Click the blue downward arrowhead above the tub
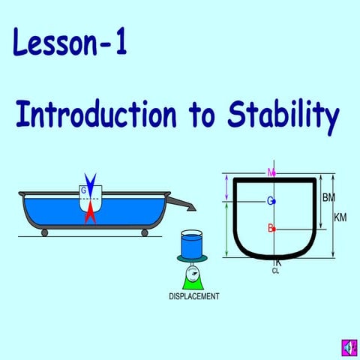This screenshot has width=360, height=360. [x=91, y=182]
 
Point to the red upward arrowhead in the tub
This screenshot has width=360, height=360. [x=91, y=213]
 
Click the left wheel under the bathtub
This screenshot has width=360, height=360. [x=45, y=232]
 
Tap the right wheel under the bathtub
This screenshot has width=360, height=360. [x=144, y=232]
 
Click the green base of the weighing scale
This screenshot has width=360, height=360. [x=193, y=280]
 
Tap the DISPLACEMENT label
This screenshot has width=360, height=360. [x=193, y=296]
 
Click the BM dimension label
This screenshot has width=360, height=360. [x=328, y=198]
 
